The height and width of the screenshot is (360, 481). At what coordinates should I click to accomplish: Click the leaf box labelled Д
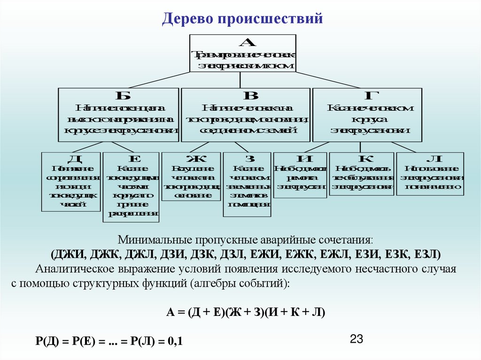(x=70, y=181)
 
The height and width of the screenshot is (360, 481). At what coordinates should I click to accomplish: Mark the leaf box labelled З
(x=247, y=184)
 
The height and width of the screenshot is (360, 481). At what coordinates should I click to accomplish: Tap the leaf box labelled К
(x=361, y=173)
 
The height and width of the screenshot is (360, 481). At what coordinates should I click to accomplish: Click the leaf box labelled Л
(x=430, y=173)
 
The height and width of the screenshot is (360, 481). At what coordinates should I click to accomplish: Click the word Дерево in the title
(x=186, y=19)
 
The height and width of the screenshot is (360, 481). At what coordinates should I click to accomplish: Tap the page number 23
(x=358, y=339)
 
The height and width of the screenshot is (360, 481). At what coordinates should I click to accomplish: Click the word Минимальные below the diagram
(x=149, y=240)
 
